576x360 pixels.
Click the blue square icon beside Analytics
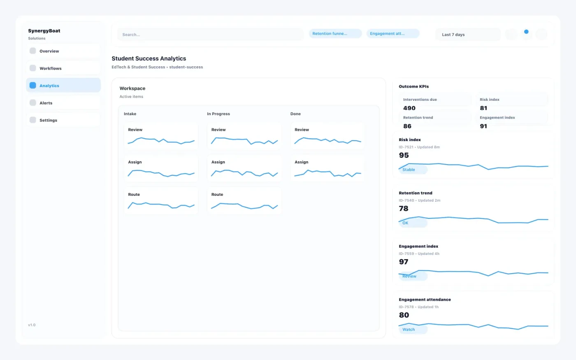(x=33, y=86)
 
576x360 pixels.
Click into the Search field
(x=210, y=35)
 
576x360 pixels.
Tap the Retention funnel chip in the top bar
(x=335, y=34)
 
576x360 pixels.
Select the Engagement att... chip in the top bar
(x=393, y=34)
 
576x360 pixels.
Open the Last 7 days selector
(x=467, y=35)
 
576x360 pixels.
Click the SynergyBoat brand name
(x=44, y=31)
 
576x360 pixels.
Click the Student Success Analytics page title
(x=149, y=58)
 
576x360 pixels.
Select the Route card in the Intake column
(x=161, y=200)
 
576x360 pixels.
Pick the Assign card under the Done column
(x=327, y=168)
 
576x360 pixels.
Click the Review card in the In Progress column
(x=244, y=135)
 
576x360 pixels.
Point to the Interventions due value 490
(x=409, y=108)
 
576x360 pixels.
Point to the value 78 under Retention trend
(x=404, y=209)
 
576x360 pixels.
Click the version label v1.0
(x=32, y=325)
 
